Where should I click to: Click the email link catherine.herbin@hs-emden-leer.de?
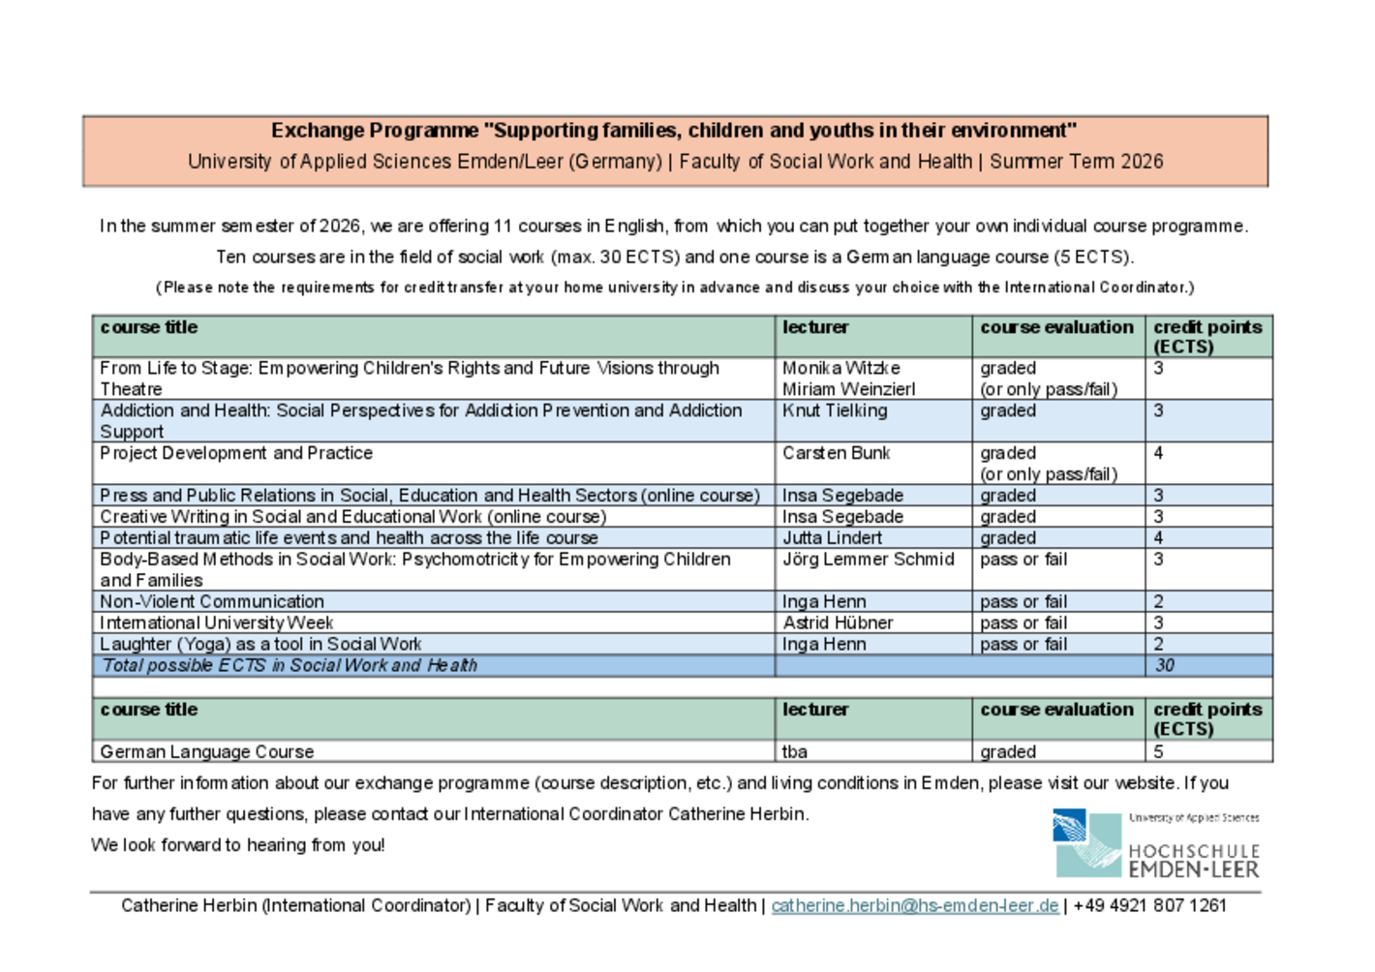914,906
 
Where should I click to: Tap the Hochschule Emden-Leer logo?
1155,843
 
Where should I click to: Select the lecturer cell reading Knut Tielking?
835,411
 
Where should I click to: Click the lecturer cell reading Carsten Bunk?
836,454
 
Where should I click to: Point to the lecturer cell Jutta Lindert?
832,538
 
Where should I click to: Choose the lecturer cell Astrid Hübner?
838,623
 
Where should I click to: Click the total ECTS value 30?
1164,666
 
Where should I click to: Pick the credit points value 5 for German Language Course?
1158,752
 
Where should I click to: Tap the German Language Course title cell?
207,752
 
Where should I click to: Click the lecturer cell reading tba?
795,752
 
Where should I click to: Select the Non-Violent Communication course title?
212,602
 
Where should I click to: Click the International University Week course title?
216,623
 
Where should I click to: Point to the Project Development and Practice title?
236,454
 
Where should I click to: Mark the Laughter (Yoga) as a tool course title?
260,645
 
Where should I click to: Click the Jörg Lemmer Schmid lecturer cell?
868,560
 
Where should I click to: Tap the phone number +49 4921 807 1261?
1149,906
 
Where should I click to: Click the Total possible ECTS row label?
290,666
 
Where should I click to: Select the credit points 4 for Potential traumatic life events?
1158,538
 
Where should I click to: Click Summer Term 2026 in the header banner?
1076,162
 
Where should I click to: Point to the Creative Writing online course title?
353,517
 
